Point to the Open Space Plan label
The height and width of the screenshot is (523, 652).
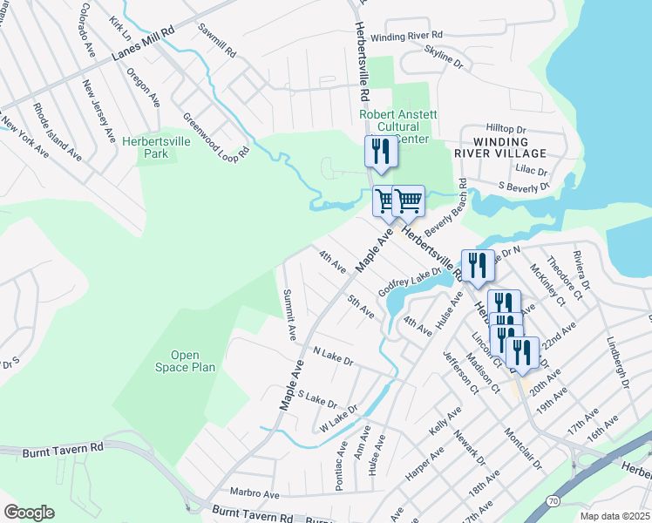[185, 361]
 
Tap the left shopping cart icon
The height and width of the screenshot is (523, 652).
[385, 200]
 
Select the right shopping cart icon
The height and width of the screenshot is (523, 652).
[408, 200]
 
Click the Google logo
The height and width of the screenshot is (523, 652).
[29, 513]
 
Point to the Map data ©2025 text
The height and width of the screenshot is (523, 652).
[615, 516]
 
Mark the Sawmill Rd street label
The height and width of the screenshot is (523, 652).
[217, 41]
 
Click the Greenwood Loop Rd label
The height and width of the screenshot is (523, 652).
[215, 135]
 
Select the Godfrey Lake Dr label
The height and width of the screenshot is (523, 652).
[410, 282]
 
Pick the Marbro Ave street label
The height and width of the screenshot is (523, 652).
[254, 493]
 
